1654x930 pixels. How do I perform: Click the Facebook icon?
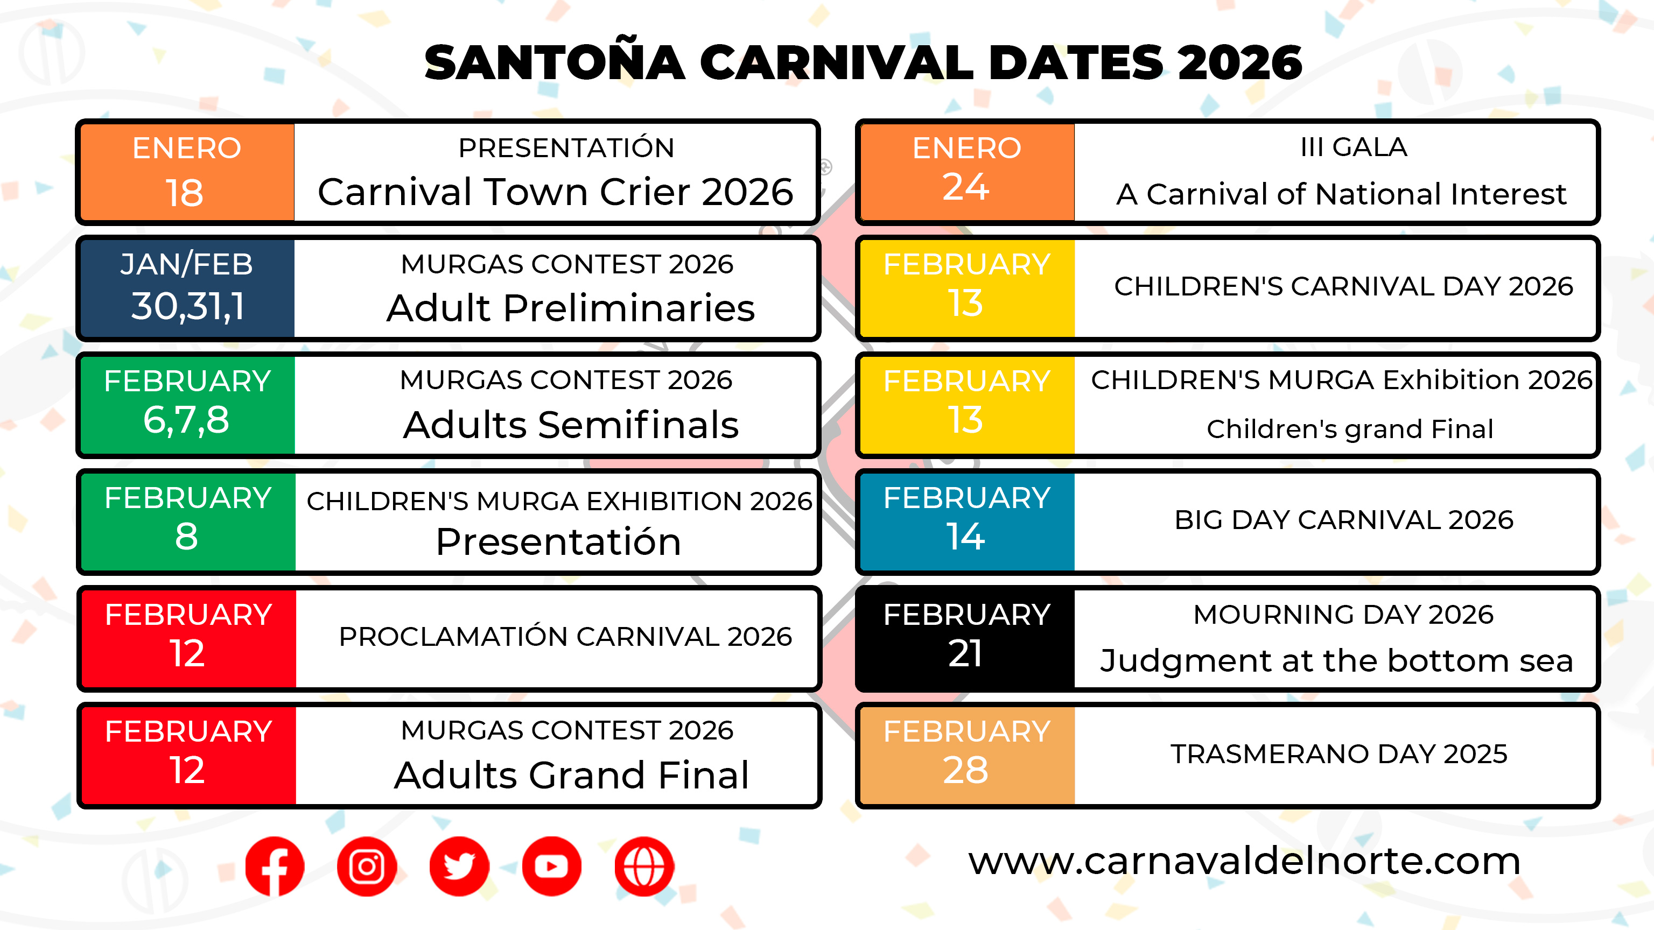[x=274, y=866]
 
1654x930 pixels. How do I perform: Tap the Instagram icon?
[x=367, y=866]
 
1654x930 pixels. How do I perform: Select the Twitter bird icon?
[x=459, y=866]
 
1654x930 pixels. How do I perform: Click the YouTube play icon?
[x=551, y=866]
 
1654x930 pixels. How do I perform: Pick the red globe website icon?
[x=644, y=866]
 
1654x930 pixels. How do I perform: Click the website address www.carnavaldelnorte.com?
[x=1244, y=861]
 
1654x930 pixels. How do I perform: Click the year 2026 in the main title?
[x=1240, y=63]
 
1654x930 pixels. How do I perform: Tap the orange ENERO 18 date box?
[x=187, y=172]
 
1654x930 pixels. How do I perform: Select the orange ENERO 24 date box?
[x=967, y=172]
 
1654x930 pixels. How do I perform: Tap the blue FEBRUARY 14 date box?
[x=967, y=522]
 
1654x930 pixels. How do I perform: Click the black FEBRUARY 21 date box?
[x=967, y=639]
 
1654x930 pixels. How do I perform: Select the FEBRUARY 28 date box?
[x=967, y=756]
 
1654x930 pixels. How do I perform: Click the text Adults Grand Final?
[x=571, y=774]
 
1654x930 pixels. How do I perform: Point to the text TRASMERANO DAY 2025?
[x=1338, y=754]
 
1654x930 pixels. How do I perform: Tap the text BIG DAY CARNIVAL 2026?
[x=1344, y=520]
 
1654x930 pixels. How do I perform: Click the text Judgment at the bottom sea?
[x=1336, y=661]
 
